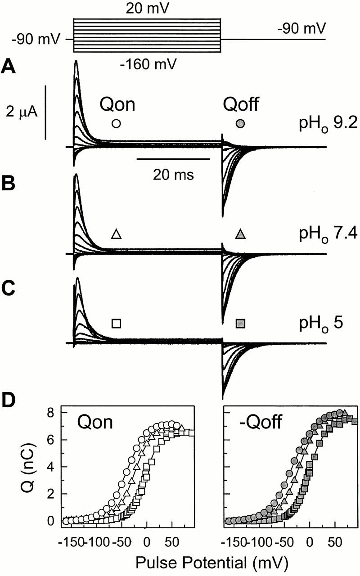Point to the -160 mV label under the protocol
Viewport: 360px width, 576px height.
(147, 65)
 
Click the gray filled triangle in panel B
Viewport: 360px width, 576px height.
(241, 234)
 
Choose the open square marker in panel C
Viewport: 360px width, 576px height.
(116, 323)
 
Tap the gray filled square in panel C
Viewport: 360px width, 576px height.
(241, 323)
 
